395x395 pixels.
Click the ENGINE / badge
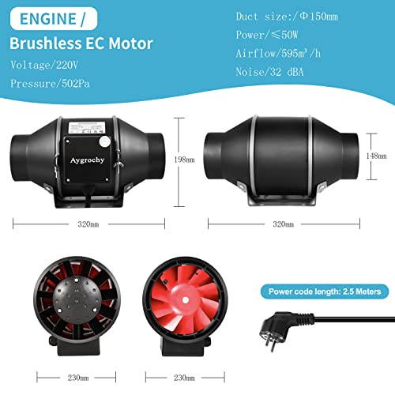point(47,17)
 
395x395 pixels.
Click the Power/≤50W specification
point(269,35)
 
